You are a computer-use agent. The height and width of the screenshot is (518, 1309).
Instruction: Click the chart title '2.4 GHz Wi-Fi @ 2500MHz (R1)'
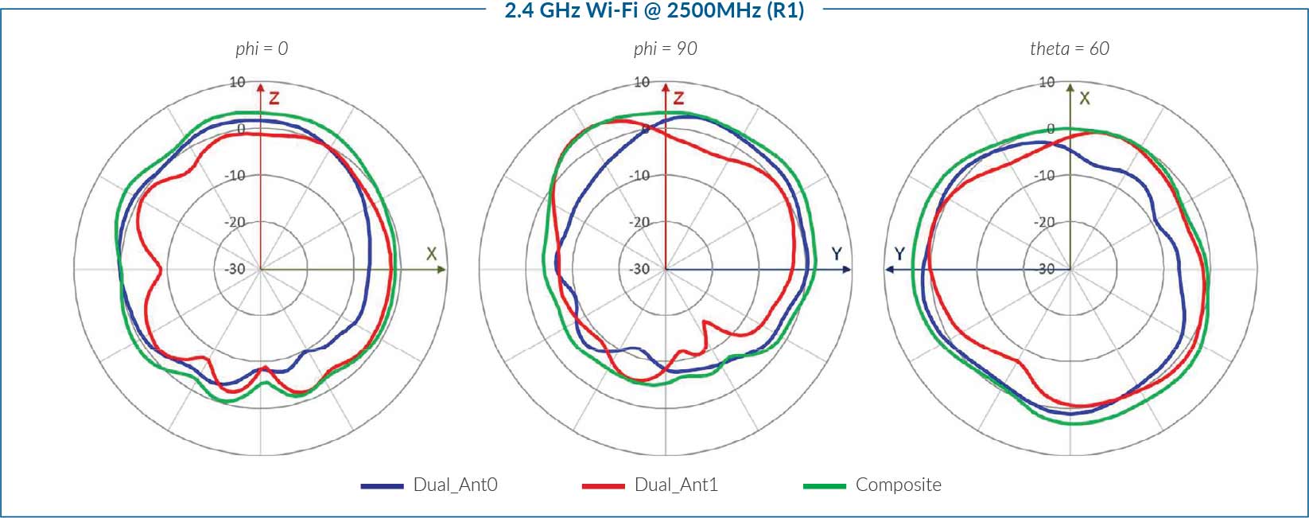pos(654,11)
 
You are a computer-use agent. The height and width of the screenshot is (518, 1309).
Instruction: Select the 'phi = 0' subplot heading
pos(262,49)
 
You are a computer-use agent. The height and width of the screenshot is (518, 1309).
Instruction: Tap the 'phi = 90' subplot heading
pos(665,49)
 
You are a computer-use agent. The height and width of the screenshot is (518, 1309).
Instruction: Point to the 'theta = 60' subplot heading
pos(1069,49)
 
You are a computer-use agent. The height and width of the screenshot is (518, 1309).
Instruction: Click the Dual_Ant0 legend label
pos(455,485)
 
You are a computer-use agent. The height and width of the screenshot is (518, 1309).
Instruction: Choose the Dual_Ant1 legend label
pos(676,485)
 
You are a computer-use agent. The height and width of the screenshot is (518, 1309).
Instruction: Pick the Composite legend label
pos(898,485)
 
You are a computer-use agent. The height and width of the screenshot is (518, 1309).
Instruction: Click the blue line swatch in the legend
pos(382,485)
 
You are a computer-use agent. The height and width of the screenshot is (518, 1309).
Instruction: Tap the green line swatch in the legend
pos(825,485)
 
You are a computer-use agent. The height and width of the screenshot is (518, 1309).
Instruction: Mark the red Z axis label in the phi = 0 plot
pos(274,98)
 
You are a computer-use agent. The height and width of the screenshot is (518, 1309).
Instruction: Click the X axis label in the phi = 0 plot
pos(431,254)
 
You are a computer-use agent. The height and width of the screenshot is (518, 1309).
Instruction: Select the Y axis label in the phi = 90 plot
pos(837,254)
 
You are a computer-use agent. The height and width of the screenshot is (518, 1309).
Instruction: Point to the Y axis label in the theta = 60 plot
pos(899,254)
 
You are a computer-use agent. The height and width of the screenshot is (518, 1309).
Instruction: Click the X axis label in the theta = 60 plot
pos(1084,98)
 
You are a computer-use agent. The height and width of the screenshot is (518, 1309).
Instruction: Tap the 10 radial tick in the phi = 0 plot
pos(237,82)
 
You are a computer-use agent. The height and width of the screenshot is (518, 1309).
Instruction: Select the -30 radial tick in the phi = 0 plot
pos(235,269)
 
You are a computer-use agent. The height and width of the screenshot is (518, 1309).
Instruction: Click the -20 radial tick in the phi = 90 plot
pos(639,222)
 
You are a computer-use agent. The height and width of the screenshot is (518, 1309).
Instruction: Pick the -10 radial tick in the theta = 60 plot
pos(1047,175)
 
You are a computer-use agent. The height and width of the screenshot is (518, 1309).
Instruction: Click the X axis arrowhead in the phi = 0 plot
pos(441,270)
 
